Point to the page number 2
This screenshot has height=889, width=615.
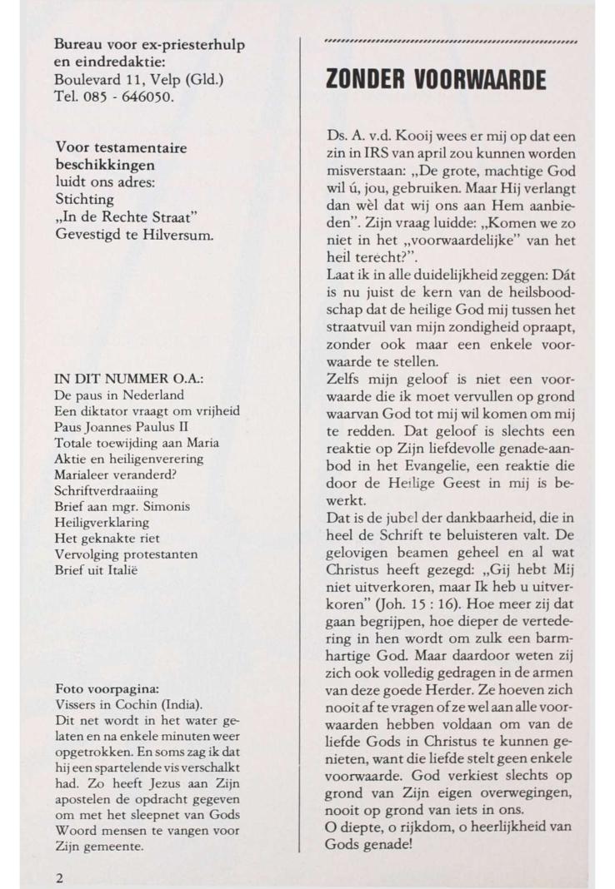point(59,877)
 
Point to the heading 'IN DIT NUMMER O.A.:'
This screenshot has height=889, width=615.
point(129,379)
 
